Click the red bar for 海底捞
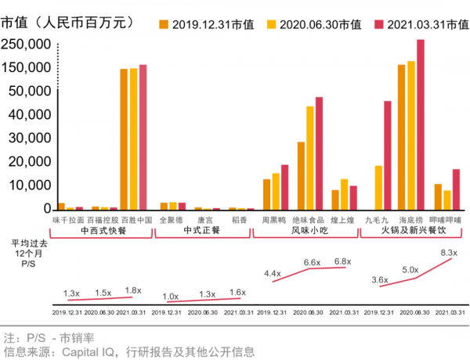pos(421,125)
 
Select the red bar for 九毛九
pos(388,156)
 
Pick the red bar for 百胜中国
pos(143,137)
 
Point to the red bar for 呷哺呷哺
pos(456,189)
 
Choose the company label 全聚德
pos(171,220)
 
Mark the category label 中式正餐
pos(201,232)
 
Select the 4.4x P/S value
pos(273,273)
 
